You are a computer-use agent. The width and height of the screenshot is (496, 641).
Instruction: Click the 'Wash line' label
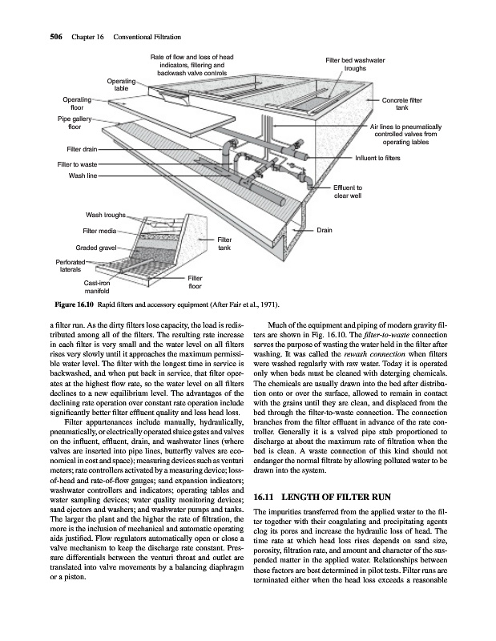click(x=84, y=175)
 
